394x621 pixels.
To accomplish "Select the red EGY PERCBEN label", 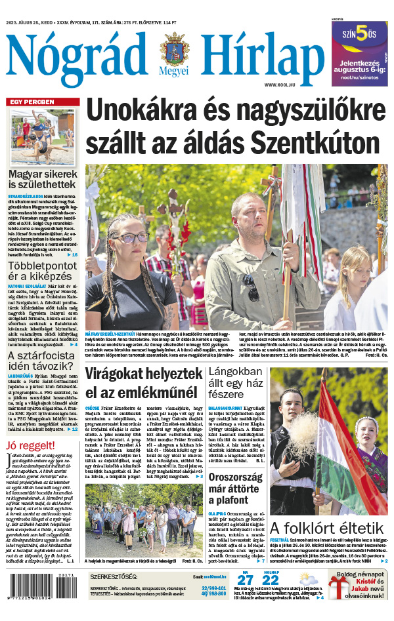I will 32,102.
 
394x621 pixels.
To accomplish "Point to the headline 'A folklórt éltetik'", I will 326,528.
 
